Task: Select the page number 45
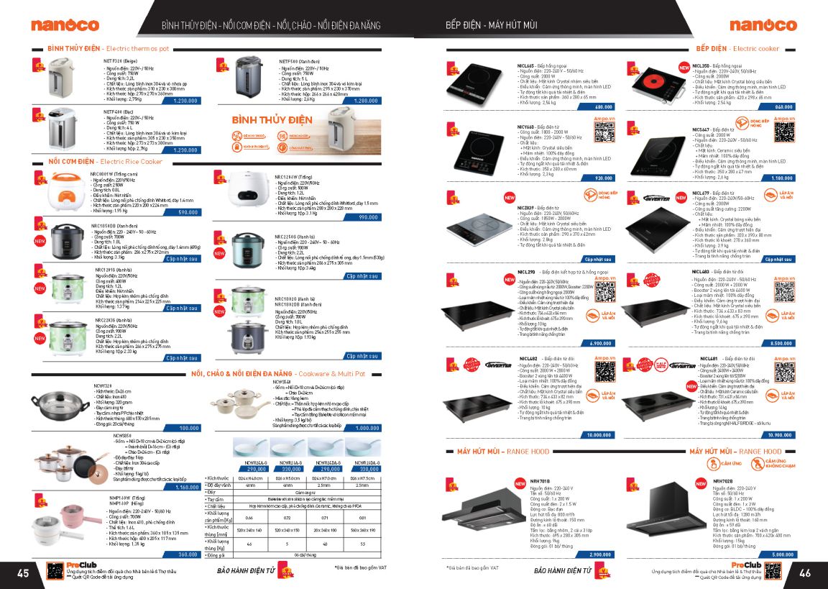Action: coord(23,573)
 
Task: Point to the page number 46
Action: coord(804,573)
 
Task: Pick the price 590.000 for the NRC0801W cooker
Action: coord(188,212)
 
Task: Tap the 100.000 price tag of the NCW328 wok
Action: coord(188,428)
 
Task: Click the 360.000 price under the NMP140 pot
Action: coord(188,554)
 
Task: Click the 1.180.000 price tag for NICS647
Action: coord(781,178)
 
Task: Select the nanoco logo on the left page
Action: coord(65,25)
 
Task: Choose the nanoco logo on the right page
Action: coord(763,25)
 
